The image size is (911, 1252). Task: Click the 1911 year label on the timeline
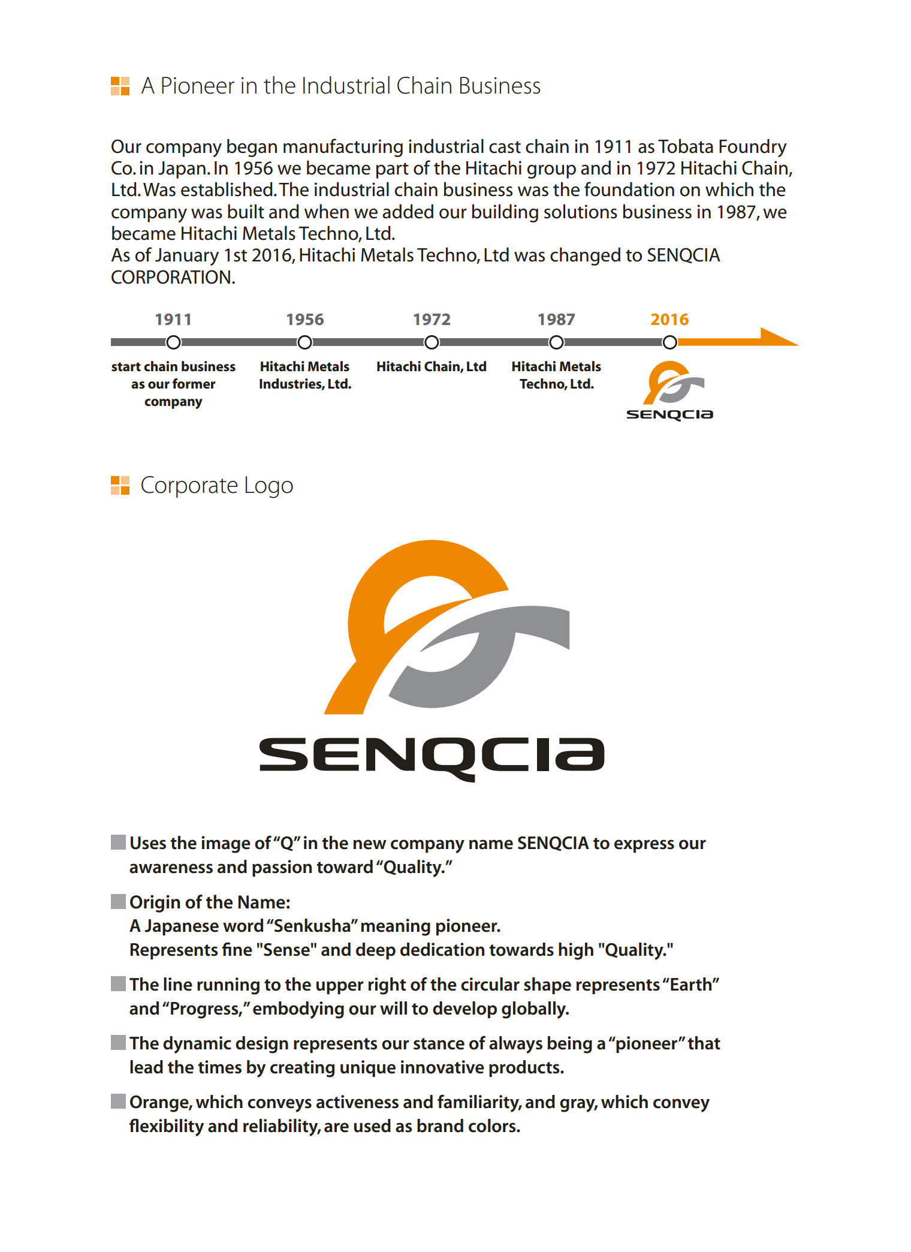coord(173,320)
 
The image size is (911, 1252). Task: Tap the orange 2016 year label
coord(669,320)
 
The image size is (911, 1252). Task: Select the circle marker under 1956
coord(304,342)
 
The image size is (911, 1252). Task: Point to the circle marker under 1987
coord(556,342)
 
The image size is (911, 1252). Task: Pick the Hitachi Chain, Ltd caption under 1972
coord(431,366)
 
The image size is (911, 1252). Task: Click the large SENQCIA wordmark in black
coord(432,756)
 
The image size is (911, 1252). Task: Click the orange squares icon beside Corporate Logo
coord(120,486)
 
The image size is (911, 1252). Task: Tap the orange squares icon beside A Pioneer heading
coord(120,86)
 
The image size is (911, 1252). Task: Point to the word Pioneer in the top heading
coord(197,86)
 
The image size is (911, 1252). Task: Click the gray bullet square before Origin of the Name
coord(119,901)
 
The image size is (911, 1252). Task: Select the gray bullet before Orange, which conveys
coord(119,1101)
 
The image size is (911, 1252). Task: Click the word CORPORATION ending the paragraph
coord(173,278)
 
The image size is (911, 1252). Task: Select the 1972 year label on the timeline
coord(432,320)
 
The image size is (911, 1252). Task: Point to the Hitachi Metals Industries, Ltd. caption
coord(304,375)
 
